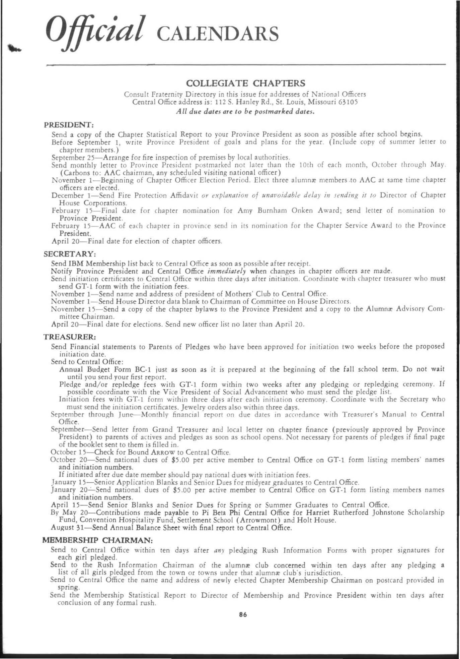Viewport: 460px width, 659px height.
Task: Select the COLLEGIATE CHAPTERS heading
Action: click(x=245, y=82)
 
